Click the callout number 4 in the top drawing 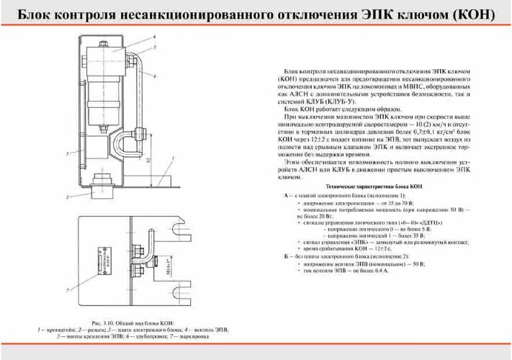point(153,36)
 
